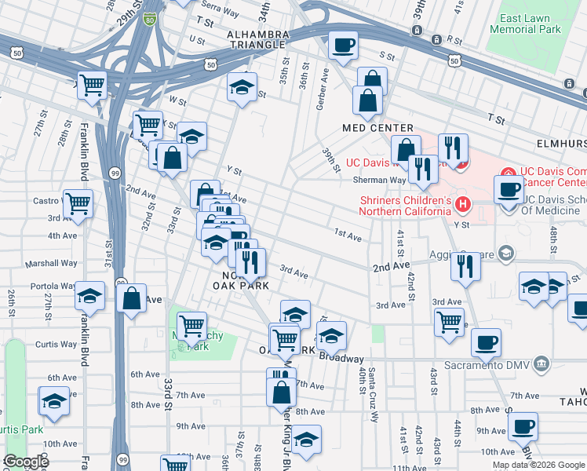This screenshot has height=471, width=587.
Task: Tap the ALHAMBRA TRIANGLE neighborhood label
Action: [x=258, y=39]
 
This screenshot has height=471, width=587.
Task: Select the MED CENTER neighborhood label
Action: [x=377, y=128]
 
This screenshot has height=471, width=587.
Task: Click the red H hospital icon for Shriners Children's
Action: [x=463, y=206]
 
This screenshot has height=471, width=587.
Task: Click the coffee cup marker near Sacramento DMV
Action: [x=486, y=342]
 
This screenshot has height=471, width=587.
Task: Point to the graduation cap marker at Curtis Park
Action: [x=54, y=401]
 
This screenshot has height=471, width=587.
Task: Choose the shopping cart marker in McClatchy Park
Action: [x=191, y=324]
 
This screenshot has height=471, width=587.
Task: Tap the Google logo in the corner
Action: [x=26, y=462]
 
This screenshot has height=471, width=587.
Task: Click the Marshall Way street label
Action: [x=51, y=264]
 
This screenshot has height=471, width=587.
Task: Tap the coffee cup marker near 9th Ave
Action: [x=522, y=426]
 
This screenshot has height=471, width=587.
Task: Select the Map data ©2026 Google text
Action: [x=538, y=465]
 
